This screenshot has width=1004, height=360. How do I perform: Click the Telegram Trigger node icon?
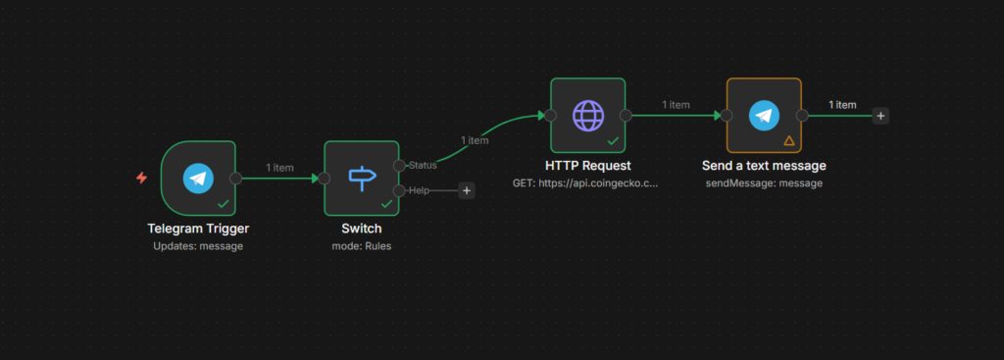pos(198,178)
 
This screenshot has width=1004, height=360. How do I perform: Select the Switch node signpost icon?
pos(362,178)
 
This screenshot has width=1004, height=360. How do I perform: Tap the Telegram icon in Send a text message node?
pos(764,115)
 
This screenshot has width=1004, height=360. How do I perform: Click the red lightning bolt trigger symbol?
pos(142,178)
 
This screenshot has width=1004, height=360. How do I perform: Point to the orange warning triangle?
pos(788,141)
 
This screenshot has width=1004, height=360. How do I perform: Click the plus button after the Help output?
pos(467,190)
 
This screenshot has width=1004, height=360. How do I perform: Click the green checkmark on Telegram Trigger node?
pos(223,204)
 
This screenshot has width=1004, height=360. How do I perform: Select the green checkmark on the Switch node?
pos(386,204)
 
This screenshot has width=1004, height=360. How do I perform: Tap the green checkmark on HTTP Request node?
pos(612,141)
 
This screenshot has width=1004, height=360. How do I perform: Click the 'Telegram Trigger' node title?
pos(198,229)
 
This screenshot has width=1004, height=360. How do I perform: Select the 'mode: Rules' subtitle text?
pos(362,246)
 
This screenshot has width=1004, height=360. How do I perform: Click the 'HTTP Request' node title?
pos(587,166)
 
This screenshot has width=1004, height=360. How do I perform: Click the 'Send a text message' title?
pos(764,166)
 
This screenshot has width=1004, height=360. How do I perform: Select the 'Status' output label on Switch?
pos(423,165)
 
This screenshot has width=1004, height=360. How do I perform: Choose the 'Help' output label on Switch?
pos(419,190)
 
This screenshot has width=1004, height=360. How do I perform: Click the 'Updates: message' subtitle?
pos(198,246)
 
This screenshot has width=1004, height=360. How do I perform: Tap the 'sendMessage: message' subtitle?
pos(764,183)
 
